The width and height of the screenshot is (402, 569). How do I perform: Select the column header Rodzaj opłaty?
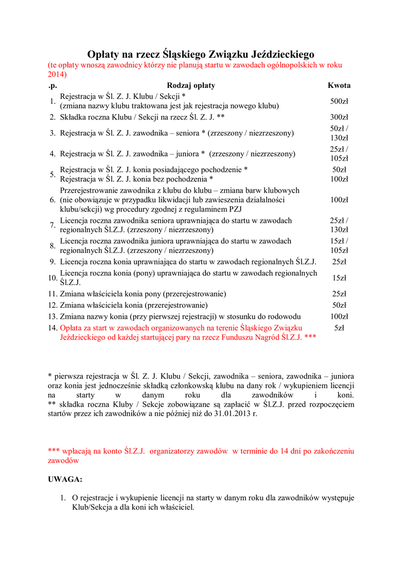click(x=190, y=86)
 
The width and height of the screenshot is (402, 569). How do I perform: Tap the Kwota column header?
click(x=339, y=86)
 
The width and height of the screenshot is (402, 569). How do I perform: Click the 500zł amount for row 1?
click(x=339, y=101)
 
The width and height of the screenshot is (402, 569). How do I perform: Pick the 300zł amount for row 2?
click(x=339, y=117)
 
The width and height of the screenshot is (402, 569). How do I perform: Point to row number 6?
click(x=52, y=199)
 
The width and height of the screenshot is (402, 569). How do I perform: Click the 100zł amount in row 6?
click(x=339, y=199)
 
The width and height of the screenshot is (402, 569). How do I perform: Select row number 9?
click(x=52, y=262)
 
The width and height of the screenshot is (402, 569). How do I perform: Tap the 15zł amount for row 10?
click(x=339, y=278)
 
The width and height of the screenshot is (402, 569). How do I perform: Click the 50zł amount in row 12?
click(x=339, y=305)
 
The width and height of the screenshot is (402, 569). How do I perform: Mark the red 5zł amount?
click(x=339, y=328)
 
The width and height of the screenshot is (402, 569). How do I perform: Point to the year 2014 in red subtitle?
click(x=57, y=74)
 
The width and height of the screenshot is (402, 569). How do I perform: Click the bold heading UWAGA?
click(x=65, y=479)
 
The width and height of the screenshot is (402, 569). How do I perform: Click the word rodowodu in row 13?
click(x=284, y=316)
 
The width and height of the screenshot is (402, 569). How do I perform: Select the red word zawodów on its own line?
click(x=63, y=461)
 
